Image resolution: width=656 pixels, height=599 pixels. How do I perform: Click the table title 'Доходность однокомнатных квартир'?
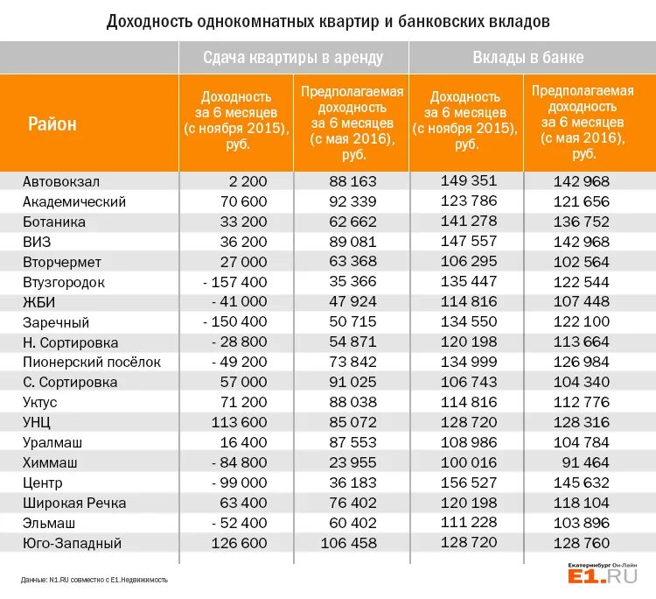point(328,19)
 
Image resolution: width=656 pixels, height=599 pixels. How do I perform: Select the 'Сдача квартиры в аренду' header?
point(293,58)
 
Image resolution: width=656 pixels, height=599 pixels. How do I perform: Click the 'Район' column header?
point(52,123)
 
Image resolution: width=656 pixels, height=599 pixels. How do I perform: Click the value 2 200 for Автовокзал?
point(248,181)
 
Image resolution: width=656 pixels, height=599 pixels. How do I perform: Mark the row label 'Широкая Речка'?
point(74,503)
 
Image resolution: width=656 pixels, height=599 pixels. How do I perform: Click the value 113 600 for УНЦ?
point(239,422)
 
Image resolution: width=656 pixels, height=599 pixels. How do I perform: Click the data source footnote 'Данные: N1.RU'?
point(94,579)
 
